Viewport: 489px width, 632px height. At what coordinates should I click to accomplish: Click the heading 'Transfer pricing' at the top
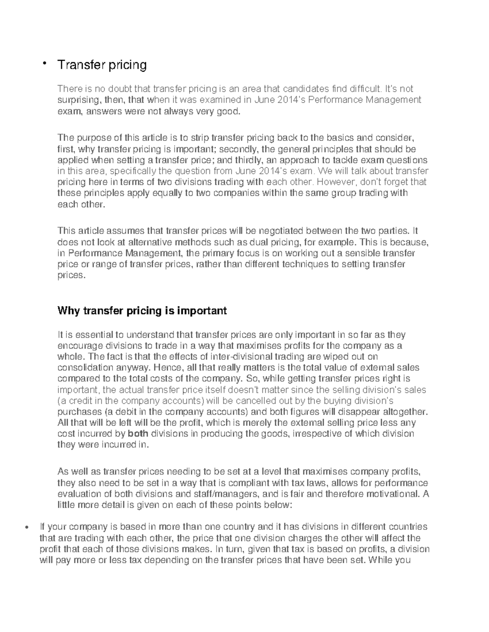pos(102,65)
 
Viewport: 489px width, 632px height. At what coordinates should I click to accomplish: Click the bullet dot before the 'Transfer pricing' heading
pos(44,63)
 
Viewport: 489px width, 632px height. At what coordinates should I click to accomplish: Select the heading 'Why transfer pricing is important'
pos(142,311)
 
